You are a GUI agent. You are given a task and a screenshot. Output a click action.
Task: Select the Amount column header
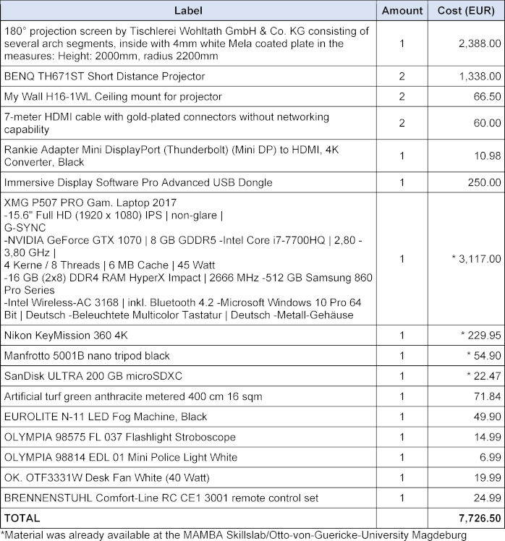pyautogui.click(x=402, y=11)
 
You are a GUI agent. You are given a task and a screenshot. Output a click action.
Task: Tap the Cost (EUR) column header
pyautogui.click(x=466, y=11)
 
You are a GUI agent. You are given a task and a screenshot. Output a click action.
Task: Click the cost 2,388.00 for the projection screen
pyautogui.click(x=480, y=43)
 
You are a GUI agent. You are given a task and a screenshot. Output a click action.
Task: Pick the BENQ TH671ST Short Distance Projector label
pyautogui.click(x=104, y=76)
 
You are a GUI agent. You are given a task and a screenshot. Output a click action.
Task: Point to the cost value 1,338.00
pyautogui.click(x=480, y=76)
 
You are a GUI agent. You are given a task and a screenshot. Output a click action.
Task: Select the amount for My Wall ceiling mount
pyautogui.click(x=402, y=96)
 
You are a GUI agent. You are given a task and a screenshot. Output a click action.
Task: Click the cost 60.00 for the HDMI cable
pyautogui.click(x=485, y=123)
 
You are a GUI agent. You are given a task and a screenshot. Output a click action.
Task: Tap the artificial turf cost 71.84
pyautogui.click(x=485, y=396)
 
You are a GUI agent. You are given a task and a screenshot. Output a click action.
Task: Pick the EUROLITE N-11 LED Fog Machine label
pyautogui.click(x=106, y=417)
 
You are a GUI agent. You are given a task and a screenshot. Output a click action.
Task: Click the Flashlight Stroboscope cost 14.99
pyautogui.click(x=485, y=437)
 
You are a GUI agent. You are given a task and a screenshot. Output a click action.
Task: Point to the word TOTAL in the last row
pyautogui.click(x=22, y=519)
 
